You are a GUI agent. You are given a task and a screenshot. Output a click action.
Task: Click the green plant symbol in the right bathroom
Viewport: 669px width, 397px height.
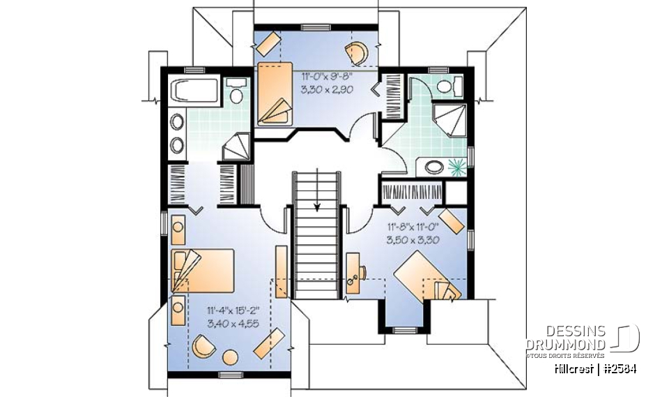(457, 167)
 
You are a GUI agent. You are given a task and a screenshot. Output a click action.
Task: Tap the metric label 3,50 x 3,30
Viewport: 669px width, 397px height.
(411, 239)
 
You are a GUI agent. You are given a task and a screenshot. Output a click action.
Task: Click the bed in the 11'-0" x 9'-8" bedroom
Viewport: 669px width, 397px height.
(276, 93)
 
